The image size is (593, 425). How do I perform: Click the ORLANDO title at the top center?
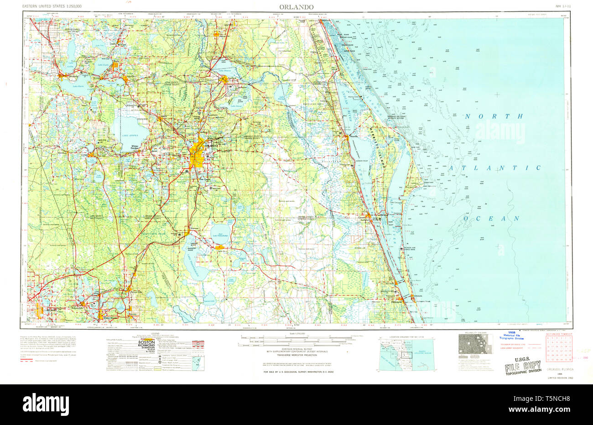pos(297,7)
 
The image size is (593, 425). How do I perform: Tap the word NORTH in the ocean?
pos(494,117)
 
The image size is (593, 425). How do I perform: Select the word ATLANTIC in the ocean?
pos(494,168)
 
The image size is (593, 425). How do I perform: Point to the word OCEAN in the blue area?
pos(492,219)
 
